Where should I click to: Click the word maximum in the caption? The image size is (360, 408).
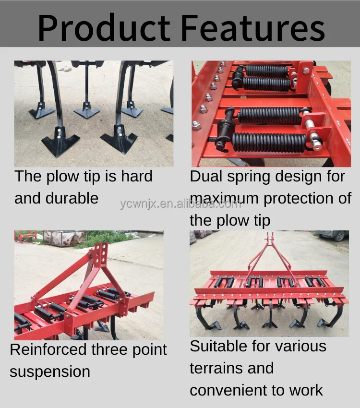click(x=225, y=198)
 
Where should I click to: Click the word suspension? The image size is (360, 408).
click(x=50, y=372)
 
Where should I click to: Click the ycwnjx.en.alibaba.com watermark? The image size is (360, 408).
click(x=180, y=204)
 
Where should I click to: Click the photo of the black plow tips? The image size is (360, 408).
click(x=94, y=113)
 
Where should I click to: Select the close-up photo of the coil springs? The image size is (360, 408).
click(x=271, y=113)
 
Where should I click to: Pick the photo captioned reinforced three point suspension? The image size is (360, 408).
click(x=89, y=285)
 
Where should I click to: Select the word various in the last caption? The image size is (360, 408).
click(x=298, y=346)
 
